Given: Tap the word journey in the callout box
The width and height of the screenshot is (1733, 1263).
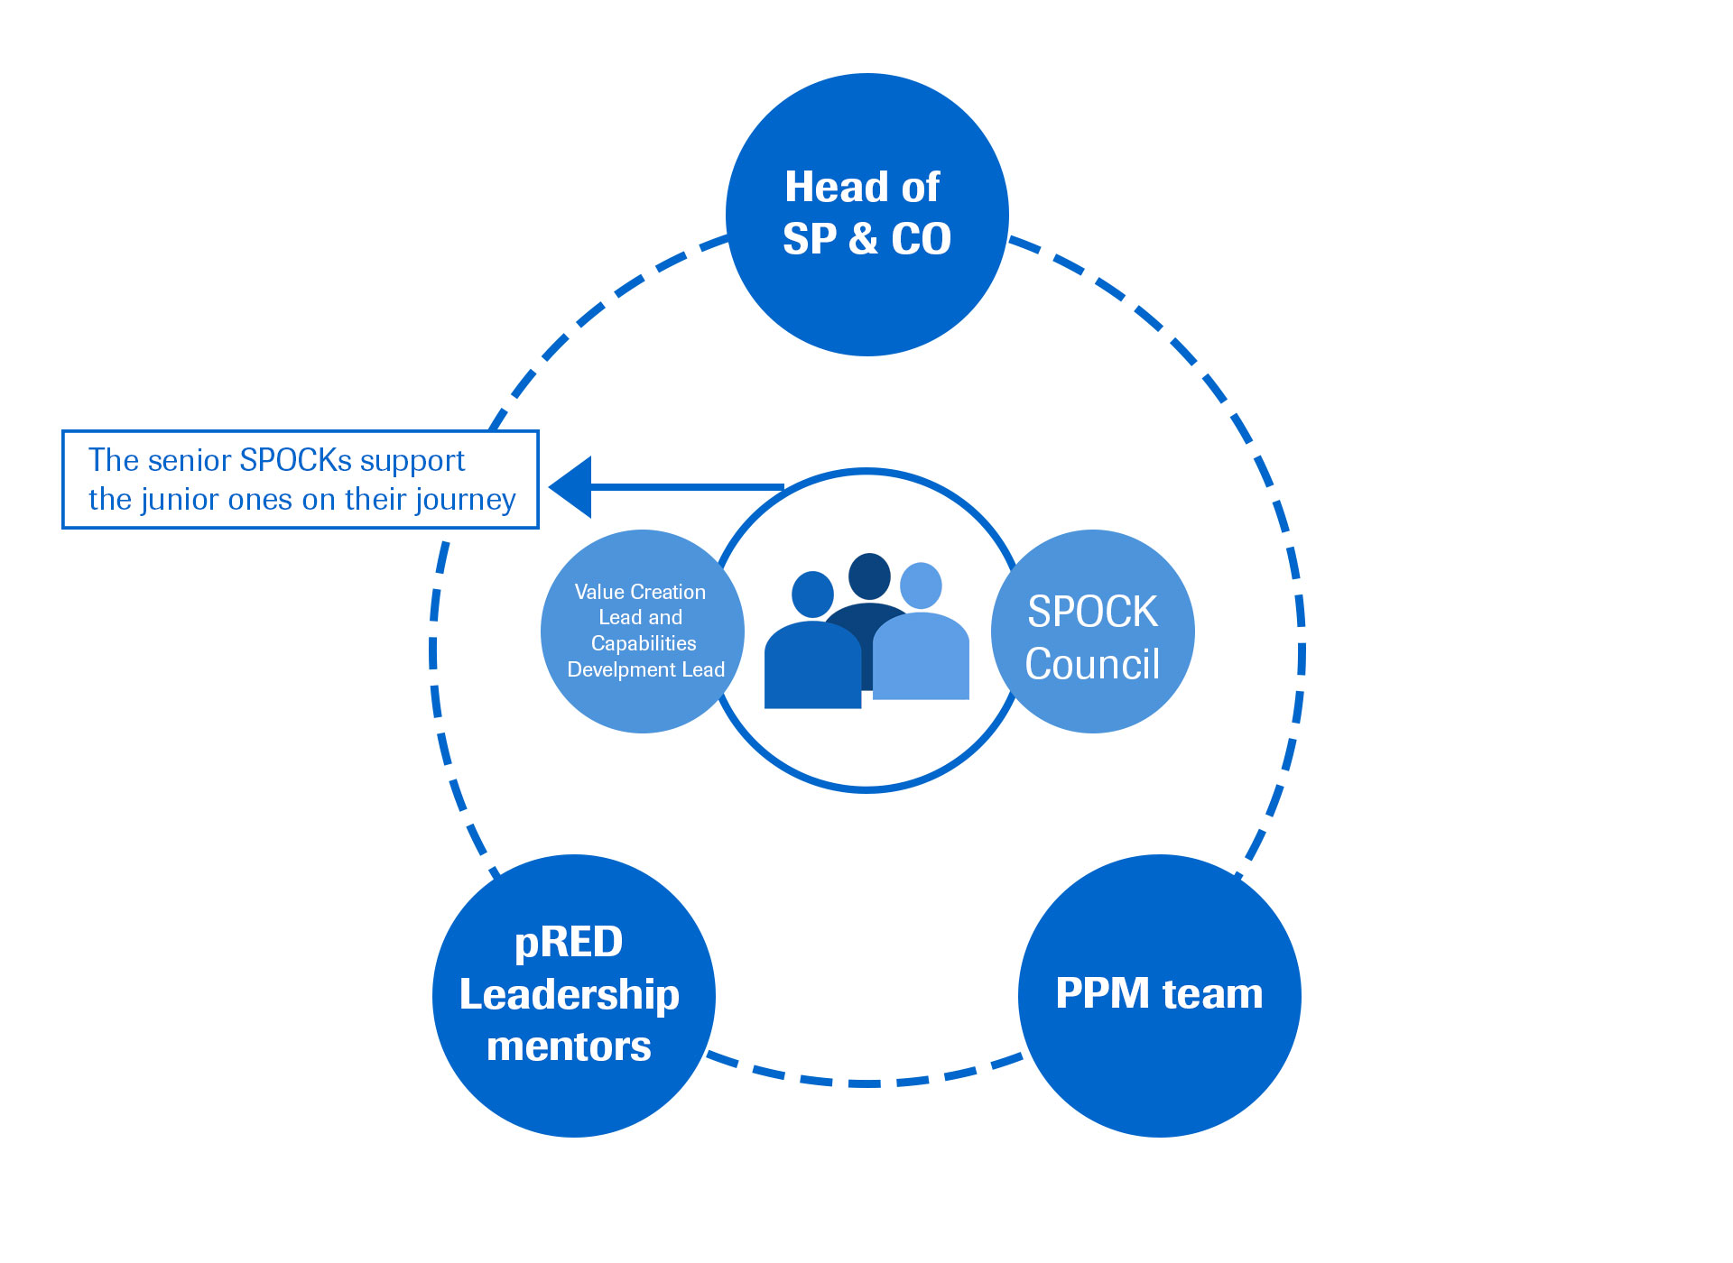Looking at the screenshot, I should (x=469, y=500).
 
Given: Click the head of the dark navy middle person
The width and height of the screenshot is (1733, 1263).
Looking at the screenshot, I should (x=870, y=576).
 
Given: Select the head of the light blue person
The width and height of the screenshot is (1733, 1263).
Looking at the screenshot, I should (x=921, y=585).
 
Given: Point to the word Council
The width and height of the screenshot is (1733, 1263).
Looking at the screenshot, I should (x=1092, y=665).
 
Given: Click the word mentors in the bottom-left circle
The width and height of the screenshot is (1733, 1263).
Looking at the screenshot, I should (x=569, y=1046).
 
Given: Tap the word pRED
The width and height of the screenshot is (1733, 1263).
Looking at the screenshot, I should (x=569, y=943).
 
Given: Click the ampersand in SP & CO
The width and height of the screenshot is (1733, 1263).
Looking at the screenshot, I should (x=863, y=239).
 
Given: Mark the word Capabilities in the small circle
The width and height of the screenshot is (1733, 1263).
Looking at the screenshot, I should (x=644, y=643).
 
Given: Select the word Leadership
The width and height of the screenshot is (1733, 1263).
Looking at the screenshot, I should (x=569, y=994).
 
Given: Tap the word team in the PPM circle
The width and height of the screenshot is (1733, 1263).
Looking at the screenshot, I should (x=1212, y=993).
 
